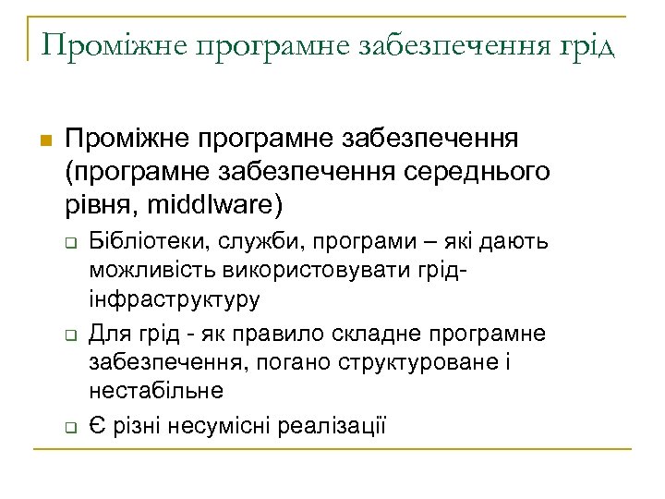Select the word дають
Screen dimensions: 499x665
tap(522, 242)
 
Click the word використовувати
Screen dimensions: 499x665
tap(322, 272)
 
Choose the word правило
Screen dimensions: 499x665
tap(300, 332)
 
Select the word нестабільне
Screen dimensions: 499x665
tap(156, 391)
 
